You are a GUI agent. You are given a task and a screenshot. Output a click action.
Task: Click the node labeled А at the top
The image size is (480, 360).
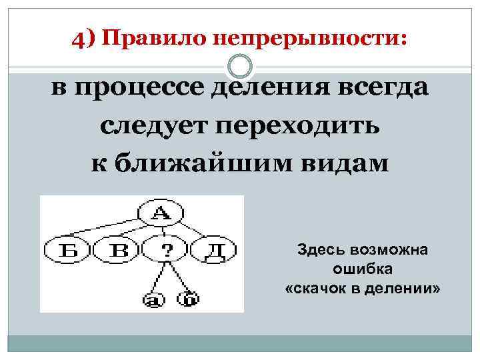160,213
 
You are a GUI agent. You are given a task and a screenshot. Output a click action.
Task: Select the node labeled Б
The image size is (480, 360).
66,251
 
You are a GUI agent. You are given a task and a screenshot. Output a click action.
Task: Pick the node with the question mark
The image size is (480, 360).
166,251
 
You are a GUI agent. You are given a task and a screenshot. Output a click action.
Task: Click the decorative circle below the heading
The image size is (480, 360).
239,66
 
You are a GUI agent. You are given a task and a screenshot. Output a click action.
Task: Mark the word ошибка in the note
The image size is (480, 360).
363,269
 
